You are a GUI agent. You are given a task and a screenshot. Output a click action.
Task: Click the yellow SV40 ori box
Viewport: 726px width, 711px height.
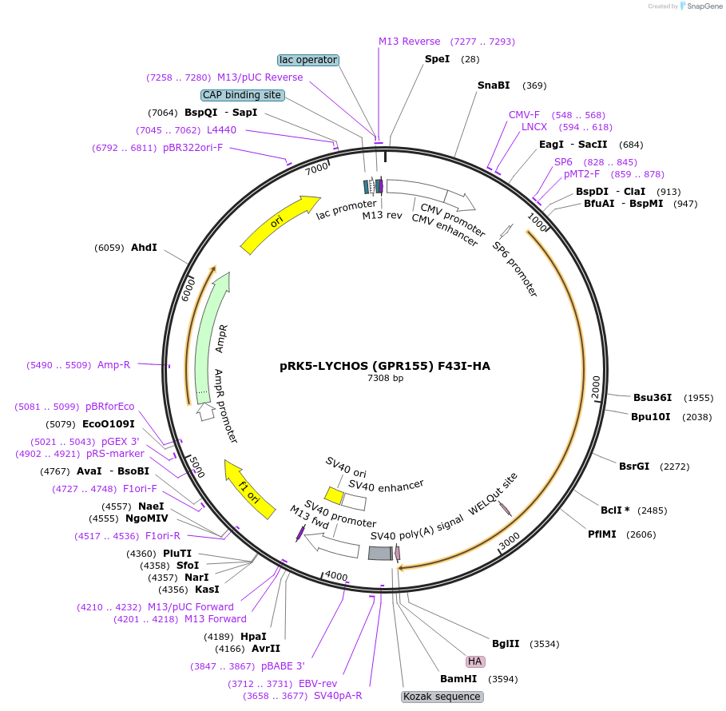click(x=334, y=496)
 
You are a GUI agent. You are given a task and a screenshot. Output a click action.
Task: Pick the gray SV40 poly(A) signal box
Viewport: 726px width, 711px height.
click(x=380, y=553)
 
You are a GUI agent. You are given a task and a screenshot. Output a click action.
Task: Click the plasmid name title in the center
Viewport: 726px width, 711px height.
click(x=385, y=366)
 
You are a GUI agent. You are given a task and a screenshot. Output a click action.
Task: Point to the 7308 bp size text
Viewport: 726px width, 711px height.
click(x=385, y=378)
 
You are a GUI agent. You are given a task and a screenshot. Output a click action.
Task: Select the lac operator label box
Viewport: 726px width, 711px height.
click(x=308, y=60)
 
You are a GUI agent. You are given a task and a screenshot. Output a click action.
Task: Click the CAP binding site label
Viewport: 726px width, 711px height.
click(x=242, y=95)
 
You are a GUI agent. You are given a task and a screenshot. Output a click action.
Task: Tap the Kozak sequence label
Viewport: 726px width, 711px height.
click(x=442, y=696)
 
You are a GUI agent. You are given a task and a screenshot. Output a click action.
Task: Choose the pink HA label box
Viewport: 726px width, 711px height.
click(x=475, y=661)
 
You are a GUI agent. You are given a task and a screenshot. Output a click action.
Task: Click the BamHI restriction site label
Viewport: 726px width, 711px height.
click(x=458, y=679)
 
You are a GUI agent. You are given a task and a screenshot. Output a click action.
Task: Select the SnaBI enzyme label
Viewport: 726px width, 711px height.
click(x=494, y=85)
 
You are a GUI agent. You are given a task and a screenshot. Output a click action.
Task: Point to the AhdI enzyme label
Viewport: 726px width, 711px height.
click(x=144, y=248)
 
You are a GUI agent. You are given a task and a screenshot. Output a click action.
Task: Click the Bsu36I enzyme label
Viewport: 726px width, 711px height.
click(x=653, y=398)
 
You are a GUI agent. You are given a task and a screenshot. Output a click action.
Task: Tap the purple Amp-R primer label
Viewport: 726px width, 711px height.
click(x=113, y=365)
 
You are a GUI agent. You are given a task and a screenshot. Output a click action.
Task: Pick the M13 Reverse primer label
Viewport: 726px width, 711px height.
click(x=409, y=42)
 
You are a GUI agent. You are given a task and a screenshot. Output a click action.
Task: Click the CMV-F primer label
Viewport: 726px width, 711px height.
click(x=524, y=115)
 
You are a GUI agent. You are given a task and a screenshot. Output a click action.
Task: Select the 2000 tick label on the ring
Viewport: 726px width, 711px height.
click(x=596, y=387)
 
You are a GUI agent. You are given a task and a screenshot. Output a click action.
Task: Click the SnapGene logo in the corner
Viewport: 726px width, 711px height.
click(x=692, y=6)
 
